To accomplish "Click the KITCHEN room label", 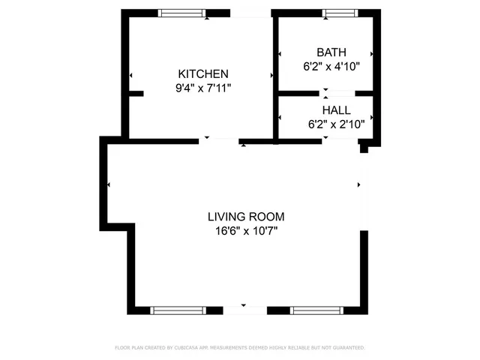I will point(202,73).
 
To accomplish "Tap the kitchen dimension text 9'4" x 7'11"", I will point(202,88).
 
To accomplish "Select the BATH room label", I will point(331,52).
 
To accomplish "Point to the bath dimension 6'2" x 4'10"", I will point(326,66).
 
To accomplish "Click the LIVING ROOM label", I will point(245,217).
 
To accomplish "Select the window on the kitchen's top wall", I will point(181,13).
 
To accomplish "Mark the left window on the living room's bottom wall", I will point(177,310).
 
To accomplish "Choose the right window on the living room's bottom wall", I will point(316,310).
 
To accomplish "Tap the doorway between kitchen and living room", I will point(220,139).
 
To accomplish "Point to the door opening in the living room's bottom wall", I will point(244,310).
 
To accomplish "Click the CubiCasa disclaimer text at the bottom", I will point(240,348).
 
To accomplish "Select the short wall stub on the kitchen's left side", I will point(136,93).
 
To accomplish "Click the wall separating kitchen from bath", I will point(275,75).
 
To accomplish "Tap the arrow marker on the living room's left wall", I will point(110,184).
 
